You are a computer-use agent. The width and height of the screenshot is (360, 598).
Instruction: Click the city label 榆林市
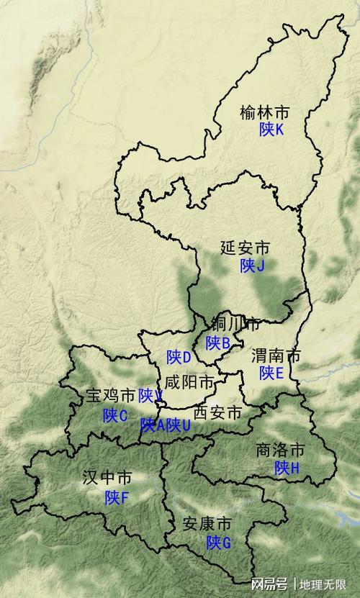tap(265, 112)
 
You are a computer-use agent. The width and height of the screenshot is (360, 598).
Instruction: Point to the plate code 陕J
tap(253, 266)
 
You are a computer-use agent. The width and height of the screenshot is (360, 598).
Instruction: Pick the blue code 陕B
tap(217, 343)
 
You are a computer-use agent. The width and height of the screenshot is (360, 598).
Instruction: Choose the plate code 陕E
tap(271, 373)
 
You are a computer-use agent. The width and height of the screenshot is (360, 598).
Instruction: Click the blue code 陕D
tap(179, 357)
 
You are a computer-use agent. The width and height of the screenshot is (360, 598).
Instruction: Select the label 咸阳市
tap(189, 381)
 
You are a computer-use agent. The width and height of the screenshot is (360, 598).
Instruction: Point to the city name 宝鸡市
tap(109, 396)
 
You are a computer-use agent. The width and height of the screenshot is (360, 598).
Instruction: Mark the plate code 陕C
tap(114, 415)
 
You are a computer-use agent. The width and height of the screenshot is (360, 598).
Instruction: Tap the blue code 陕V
tap(150, 396)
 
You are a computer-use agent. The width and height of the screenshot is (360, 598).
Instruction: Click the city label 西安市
tap(219, 413)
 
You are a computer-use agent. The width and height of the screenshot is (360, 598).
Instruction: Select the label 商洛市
tap(280, 451)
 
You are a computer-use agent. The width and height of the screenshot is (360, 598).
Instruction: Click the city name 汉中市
tap(107, 478)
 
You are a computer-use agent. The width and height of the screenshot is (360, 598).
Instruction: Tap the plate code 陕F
tap(116, 497)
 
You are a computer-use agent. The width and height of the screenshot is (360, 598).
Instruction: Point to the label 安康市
tap(207, 523)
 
